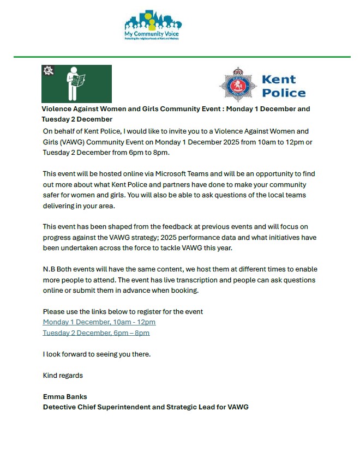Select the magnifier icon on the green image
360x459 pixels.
coord(48,71)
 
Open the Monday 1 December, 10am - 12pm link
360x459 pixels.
coord(99,322)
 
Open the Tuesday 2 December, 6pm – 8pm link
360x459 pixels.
coord(96,333)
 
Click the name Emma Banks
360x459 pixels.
coord(65,396)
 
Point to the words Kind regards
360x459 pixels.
coord(63,375)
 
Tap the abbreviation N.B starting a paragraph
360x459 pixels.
coord(49,269)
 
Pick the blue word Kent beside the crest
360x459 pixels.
coord(279,80)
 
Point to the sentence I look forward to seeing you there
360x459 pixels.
coord(97,354)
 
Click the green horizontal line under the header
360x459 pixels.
coord(182,56)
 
